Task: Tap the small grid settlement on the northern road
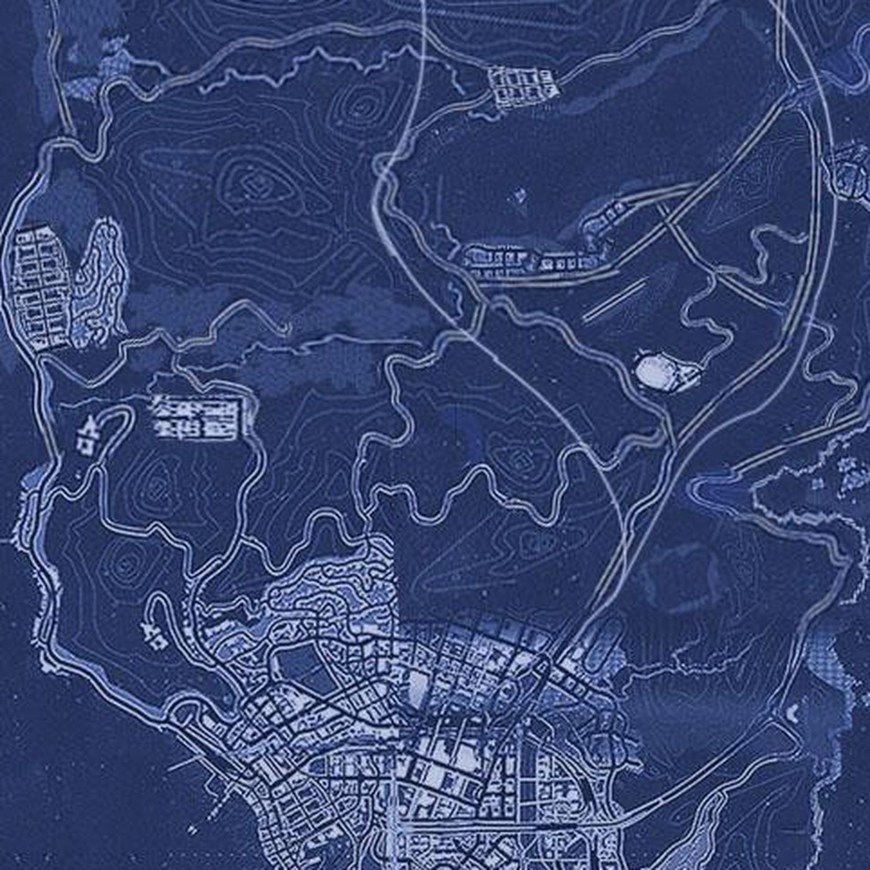(522, 84)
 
